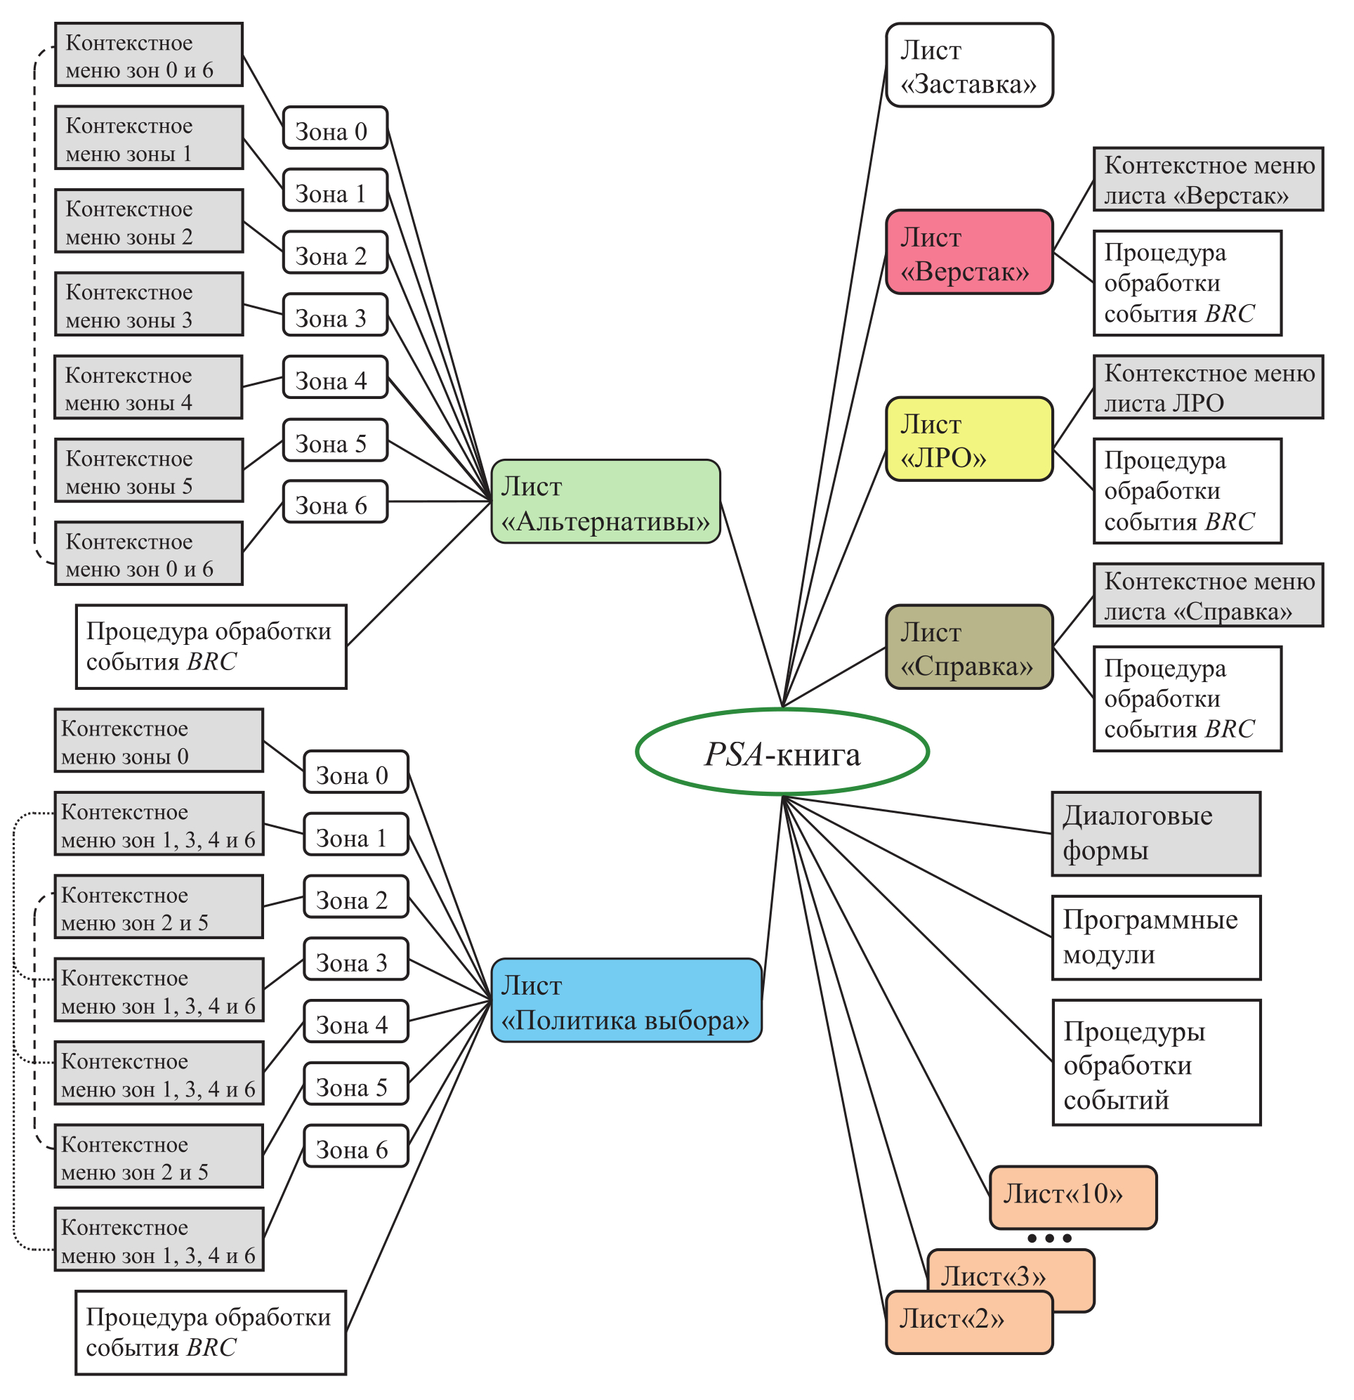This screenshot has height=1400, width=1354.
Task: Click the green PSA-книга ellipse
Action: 781,752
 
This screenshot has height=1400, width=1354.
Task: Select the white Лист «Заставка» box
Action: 968,66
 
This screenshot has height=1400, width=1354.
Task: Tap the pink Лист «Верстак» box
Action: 968,252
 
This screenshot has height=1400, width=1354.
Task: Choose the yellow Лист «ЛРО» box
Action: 968,439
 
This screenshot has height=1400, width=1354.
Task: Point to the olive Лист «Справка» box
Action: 968,647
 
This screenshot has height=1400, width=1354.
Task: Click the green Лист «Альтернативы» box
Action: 605,502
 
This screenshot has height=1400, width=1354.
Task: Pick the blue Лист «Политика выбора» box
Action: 626,1000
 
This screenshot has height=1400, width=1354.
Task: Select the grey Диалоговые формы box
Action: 1155,834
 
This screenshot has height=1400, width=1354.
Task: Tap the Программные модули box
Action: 1155,937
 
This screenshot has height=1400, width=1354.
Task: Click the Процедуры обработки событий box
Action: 1155,1062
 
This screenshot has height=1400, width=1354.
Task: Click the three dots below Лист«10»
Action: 1049,1238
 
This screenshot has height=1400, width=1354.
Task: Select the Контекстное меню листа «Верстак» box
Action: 1207,179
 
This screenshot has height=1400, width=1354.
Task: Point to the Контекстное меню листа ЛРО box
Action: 1207,387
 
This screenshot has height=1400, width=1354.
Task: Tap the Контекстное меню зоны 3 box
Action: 149,304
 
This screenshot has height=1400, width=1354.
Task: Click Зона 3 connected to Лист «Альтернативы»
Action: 335,315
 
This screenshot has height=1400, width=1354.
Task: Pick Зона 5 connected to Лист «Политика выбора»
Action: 355,1084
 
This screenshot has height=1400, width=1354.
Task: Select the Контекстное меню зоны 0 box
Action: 159,740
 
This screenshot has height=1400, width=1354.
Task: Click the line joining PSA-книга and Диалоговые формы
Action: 918,815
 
